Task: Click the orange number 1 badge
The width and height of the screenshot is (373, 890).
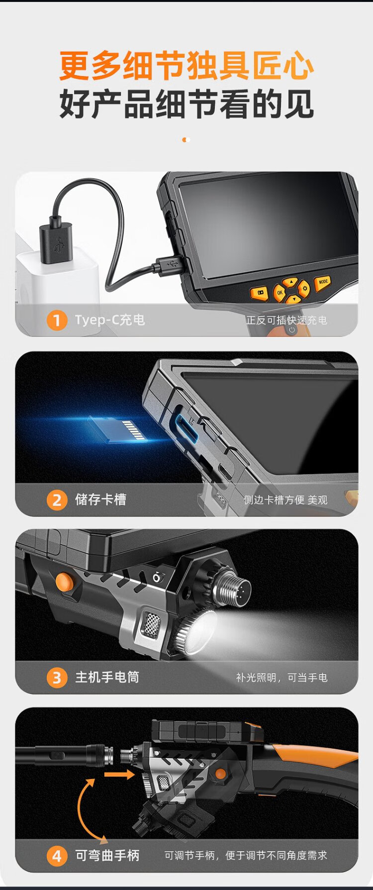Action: (57, 320)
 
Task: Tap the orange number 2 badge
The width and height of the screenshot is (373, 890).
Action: (57, 500)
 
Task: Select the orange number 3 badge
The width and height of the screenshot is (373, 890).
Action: (57, 678)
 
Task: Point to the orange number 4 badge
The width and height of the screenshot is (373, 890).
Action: (57, 856)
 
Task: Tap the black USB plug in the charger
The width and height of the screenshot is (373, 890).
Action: (56, 243)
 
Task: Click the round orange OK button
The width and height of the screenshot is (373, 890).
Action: (280, 293)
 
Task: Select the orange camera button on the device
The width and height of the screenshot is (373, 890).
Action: (259, 292)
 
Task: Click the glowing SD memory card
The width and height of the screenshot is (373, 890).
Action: (117, 428)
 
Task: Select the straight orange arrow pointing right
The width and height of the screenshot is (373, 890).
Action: (119, 774)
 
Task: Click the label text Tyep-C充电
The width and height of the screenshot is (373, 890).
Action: (110, 319)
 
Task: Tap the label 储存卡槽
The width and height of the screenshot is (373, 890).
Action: (100, 499)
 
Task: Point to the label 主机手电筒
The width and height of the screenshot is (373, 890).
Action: (107, 677)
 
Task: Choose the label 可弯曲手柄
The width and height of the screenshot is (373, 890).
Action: (107, 855)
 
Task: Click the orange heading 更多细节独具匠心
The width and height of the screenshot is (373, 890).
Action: (186, 66)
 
